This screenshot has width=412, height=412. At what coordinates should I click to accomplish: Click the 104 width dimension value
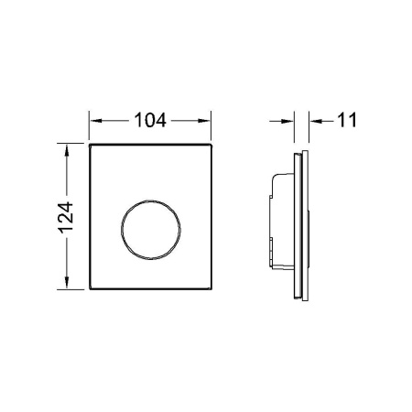150,120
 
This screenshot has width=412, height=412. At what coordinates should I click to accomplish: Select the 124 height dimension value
66,217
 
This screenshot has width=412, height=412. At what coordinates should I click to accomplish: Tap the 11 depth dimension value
347,120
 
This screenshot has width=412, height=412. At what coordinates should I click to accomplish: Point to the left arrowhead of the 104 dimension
96,121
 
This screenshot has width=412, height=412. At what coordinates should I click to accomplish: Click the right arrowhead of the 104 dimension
204,121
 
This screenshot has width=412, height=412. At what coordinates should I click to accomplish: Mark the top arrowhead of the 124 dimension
67,150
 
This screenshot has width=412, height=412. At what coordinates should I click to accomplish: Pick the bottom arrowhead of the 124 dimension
67,282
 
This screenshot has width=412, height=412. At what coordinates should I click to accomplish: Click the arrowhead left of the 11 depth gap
287,122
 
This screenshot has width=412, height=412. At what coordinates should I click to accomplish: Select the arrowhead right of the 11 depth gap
316,122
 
